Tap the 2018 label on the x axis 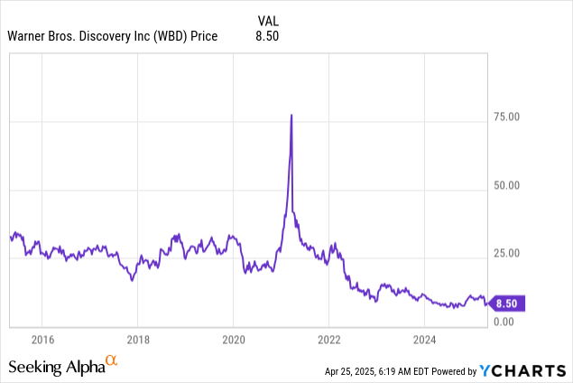point(137,340)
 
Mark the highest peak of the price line point(291,115)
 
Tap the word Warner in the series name point(26,36)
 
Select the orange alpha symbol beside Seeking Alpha point(112,361)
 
